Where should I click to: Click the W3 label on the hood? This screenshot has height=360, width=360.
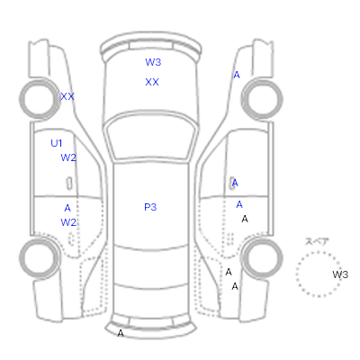tap(153, 62)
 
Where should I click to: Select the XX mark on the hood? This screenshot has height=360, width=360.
tap(152, 82)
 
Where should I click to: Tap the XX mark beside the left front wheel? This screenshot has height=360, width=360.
tap(67, 96)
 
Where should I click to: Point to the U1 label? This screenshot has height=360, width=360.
tap(57, 143)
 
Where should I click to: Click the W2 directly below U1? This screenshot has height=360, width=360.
tap(68, 157)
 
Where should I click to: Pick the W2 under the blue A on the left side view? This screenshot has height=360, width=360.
tap(68, 222)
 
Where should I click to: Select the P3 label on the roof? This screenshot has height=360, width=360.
tap(150, 207)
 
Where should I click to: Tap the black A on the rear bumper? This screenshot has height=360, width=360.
tap(121, 333)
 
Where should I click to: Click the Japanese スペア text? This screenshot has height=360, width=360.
tap(317, 241)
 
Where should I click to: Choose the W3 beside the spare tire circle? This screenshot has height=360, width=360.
tap(340, 274)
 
